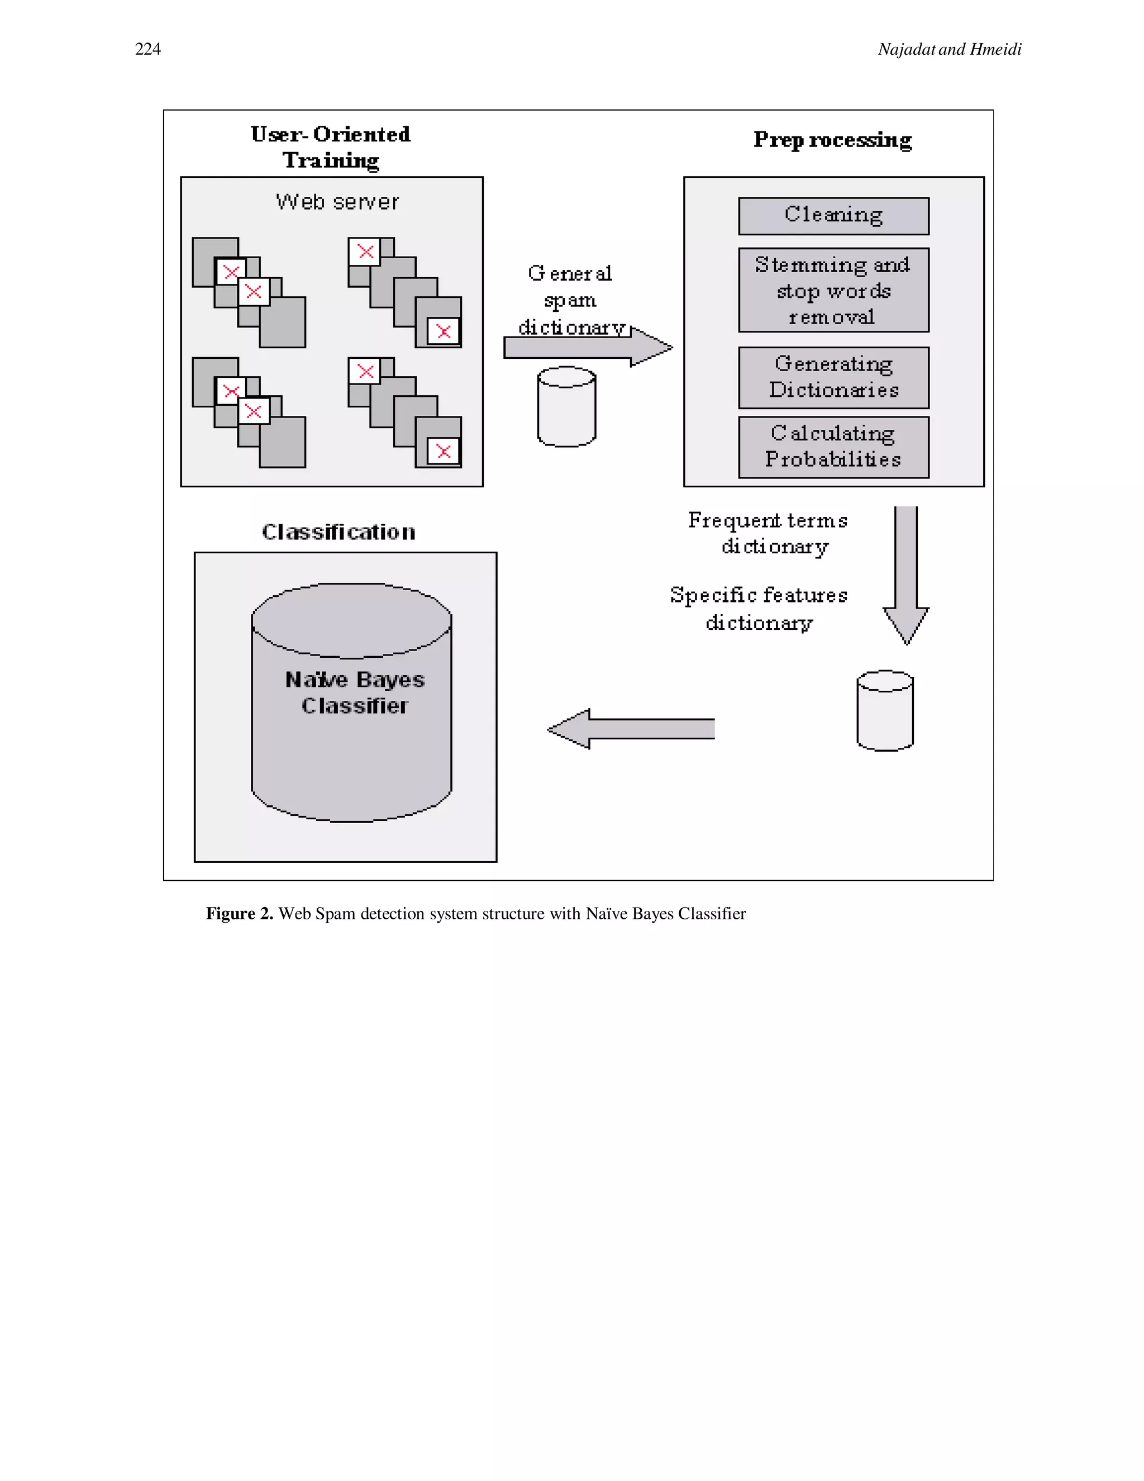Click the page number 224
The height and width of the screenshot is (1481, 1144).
click(x=147, y=49)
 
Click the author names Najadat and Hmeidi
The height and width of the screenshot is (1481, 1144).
click(x=949, y=49)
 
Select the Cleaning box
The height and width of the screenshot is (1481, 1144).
click(x=833, y=216)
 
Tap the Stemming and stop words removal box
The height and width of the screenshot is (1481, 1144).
click(x=833, y=290)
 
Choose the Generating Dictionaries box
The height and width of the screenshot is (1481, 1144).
click(x=833, y=377)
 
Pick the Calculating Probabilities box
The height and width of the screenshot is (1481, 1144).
click(x=833, y=447)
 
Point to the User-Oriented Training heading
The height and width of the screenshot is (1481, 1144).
click(x=330, y=146)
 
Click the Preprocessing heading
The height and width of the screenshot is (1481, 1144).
click(x=832, y=139)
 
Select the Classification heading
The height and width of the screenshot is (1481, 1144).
click(x=338, y=531)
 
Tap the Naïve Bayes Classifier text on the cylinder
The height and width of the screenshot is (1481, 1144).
click(x=355, y=692)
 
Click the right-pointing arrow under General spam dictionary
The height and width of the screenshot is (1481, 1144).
click(x=587, y=348)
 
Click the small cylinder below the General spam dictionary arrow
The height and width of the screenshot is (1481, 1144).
click(x=566, y=407)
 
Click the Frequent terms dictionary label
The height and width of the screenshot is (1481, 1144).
click(x=768, y=533)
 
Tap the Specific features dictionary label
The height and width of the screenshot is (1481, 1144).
click(x=759, y=608)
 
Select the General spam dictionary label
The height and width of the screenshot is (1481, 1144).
click(x=570, y=300)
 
